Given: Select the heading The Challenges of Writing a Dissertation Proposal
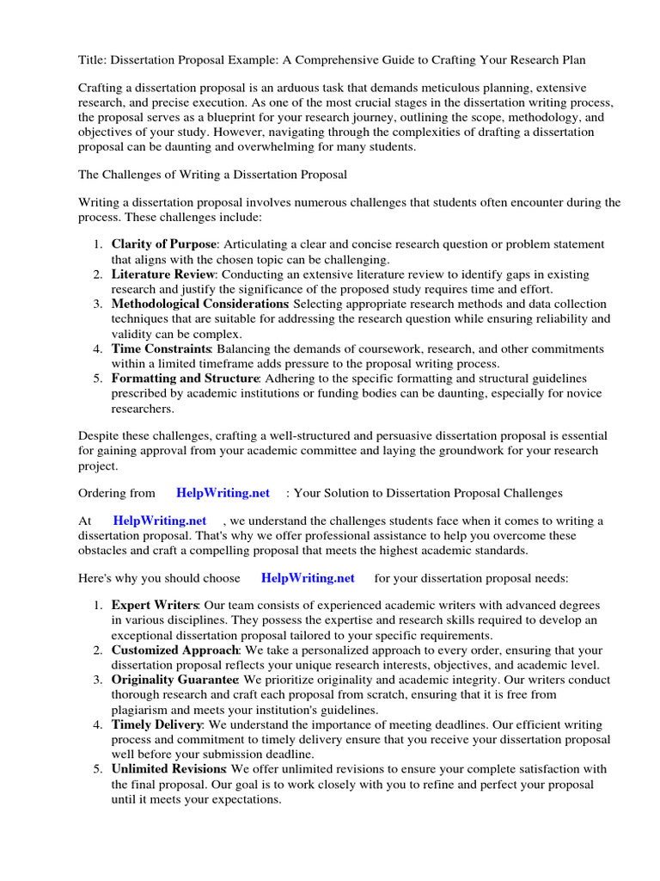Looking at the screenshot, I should coord(212,175).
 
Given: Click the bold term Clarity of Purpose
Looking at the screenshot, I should coord(163,244).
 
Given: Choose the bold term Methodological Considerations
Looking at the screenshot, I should coord(199,304).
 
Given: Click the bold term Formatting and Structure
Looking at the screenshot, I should coord(184,379).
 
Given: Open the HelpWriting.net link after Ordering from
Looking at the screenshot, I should coord(223,493).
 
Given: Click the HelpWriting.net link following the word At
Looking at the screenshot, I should coord(160,521).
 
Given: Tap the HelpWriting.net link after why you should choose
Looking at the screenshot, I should coord(308,578).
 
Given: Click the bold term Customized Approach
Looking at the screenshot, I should coord(174,650).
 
